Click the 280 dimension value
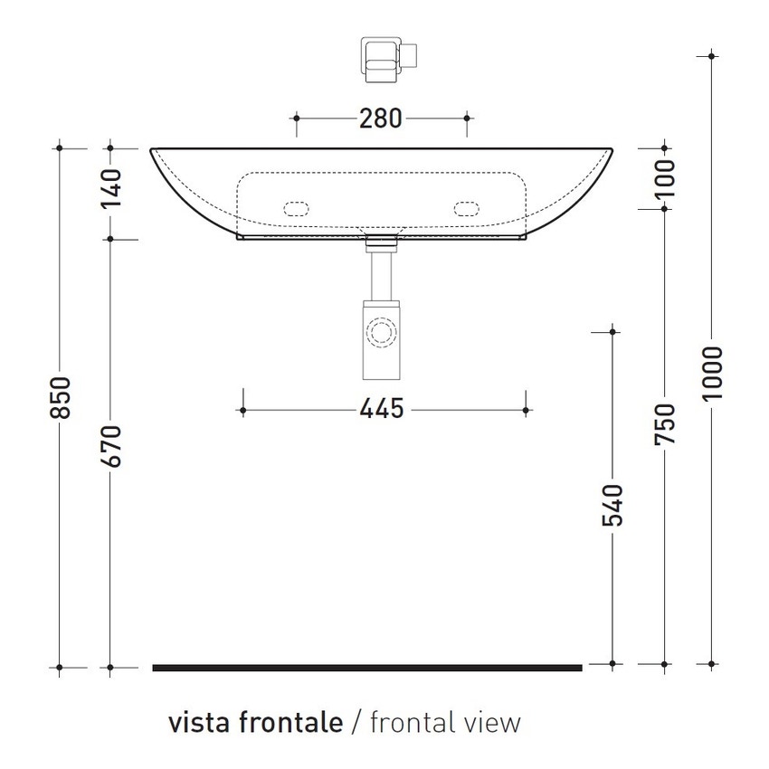pyautogui.click(x=380, y=118)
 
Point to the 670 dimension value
pyautogui.click(x=110, y=444)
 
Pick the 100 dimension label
pyautogui.click(x=665, y=177)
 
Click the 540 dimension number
pyautogui.click(x=612, y=506)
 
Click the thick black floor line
pyautogui.click(x=366, y=668)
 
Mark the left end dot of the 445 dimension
pyautogui.click(x=242, y=411)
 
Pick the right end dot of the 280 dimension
pyautogui.click(x=467, y=118)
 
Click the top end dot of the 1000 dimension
pyautogui.click(x=714, y=57)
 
